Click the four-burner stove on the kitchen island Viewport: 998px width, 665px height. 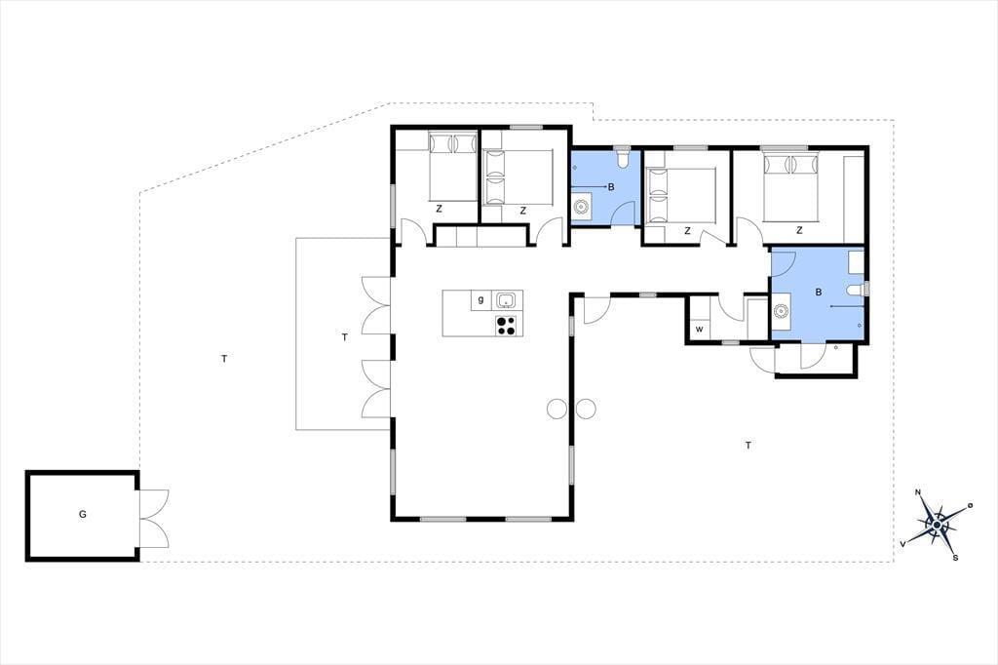click(506, 325)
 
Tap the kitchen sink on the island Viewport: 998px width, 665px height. click(506, 299)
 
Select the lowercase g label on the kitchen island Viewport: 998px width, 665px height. click(480, 299)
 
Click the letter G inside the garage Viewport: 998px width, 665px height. click(83, 514)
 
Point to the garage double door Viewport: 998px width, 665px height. click(154, 518)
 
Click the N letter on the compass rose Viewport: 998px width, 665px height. click(918, 491)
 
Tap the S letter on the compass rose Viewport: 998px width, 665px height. click(955, 558)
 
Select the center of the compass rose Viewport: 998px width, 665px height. click(937, 525)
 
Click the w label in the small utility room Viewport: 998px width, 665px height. click(700, 330)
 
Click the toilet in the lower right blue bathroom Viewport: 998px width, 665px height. click(857, 291)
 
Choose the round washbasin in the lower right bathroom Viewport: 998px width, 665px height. click(781, 311)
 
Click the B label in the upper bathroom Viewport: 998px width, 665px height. click(611, 187)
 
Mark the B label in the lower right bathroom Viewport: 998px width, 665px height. click(819, 293)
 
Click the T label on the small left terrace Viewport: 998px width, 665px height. click(345, 337)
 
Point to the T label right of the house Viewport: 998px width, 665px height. click(748, 446)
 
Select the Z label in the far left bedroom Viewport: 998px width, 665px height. click(440, 209)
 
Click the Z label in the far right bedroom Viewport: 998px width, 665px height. click(799, 230)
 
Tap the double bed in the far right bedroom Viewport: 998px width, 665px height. click(789, 186)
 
